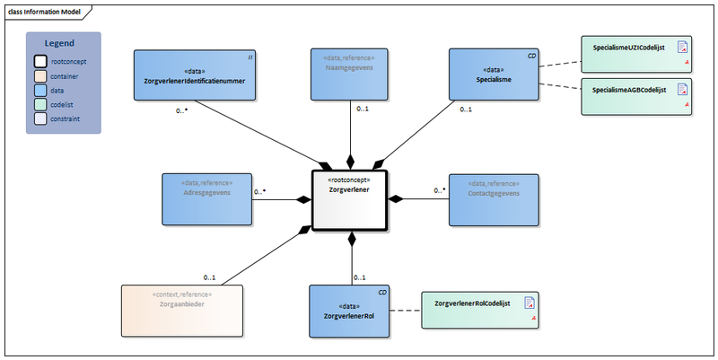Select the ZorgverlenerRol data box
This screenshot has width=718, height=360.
coord(349,311)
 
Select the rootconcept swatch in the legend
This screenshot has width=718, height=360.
coord(41,62)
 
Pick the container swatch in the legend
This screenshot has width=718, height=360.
coord(41,76)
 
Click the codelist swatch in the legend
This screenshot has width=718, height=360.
coord(41,104)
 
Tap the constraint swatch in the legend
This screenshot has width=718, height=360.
coord(41,119)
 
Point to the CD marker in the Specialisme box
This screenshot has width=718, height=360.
coord(531,56)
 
